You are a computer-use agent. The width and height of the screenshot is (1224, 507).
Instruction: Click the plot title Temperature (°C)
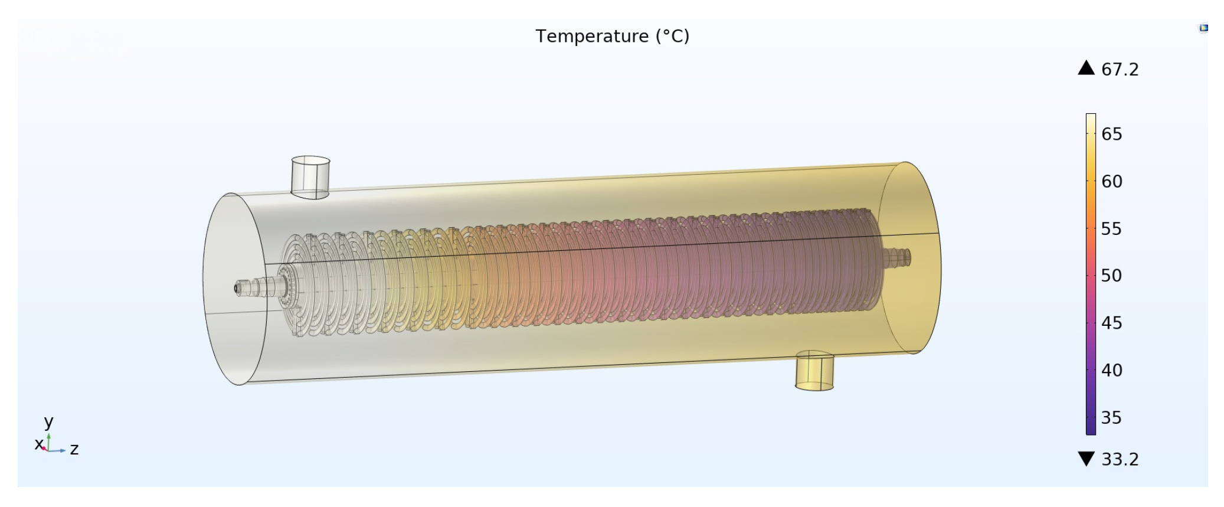[612, 37]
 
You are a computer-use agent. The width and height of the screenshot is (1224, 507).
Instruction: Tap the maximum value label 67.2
[1120, 70]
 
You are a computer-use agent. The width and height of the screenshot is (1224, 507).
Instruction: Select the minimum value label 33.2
[1120, 459]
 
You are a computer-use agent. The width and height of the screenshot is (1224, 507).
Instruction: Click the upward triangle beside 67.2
[1086, 68]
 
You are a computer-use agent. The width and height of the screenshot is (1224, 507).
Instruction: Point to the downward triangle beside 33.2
[1086, 459]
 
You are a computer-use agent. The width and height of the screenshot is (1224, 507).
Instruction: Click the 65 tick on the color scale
[1111, 134]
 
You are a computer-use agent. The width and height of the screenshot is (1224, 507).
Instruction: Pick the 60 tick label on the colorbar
[1111, 181]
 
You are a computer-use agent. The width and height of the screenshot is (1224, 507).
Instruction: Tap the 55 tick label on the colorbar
[1111, 228]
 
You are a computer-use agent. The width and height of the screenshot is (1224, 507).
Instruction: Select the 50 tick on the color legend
[1111, 276]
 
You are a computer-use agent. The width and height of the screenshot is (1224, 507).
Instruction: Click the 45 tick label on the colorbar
[1111, 323]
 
